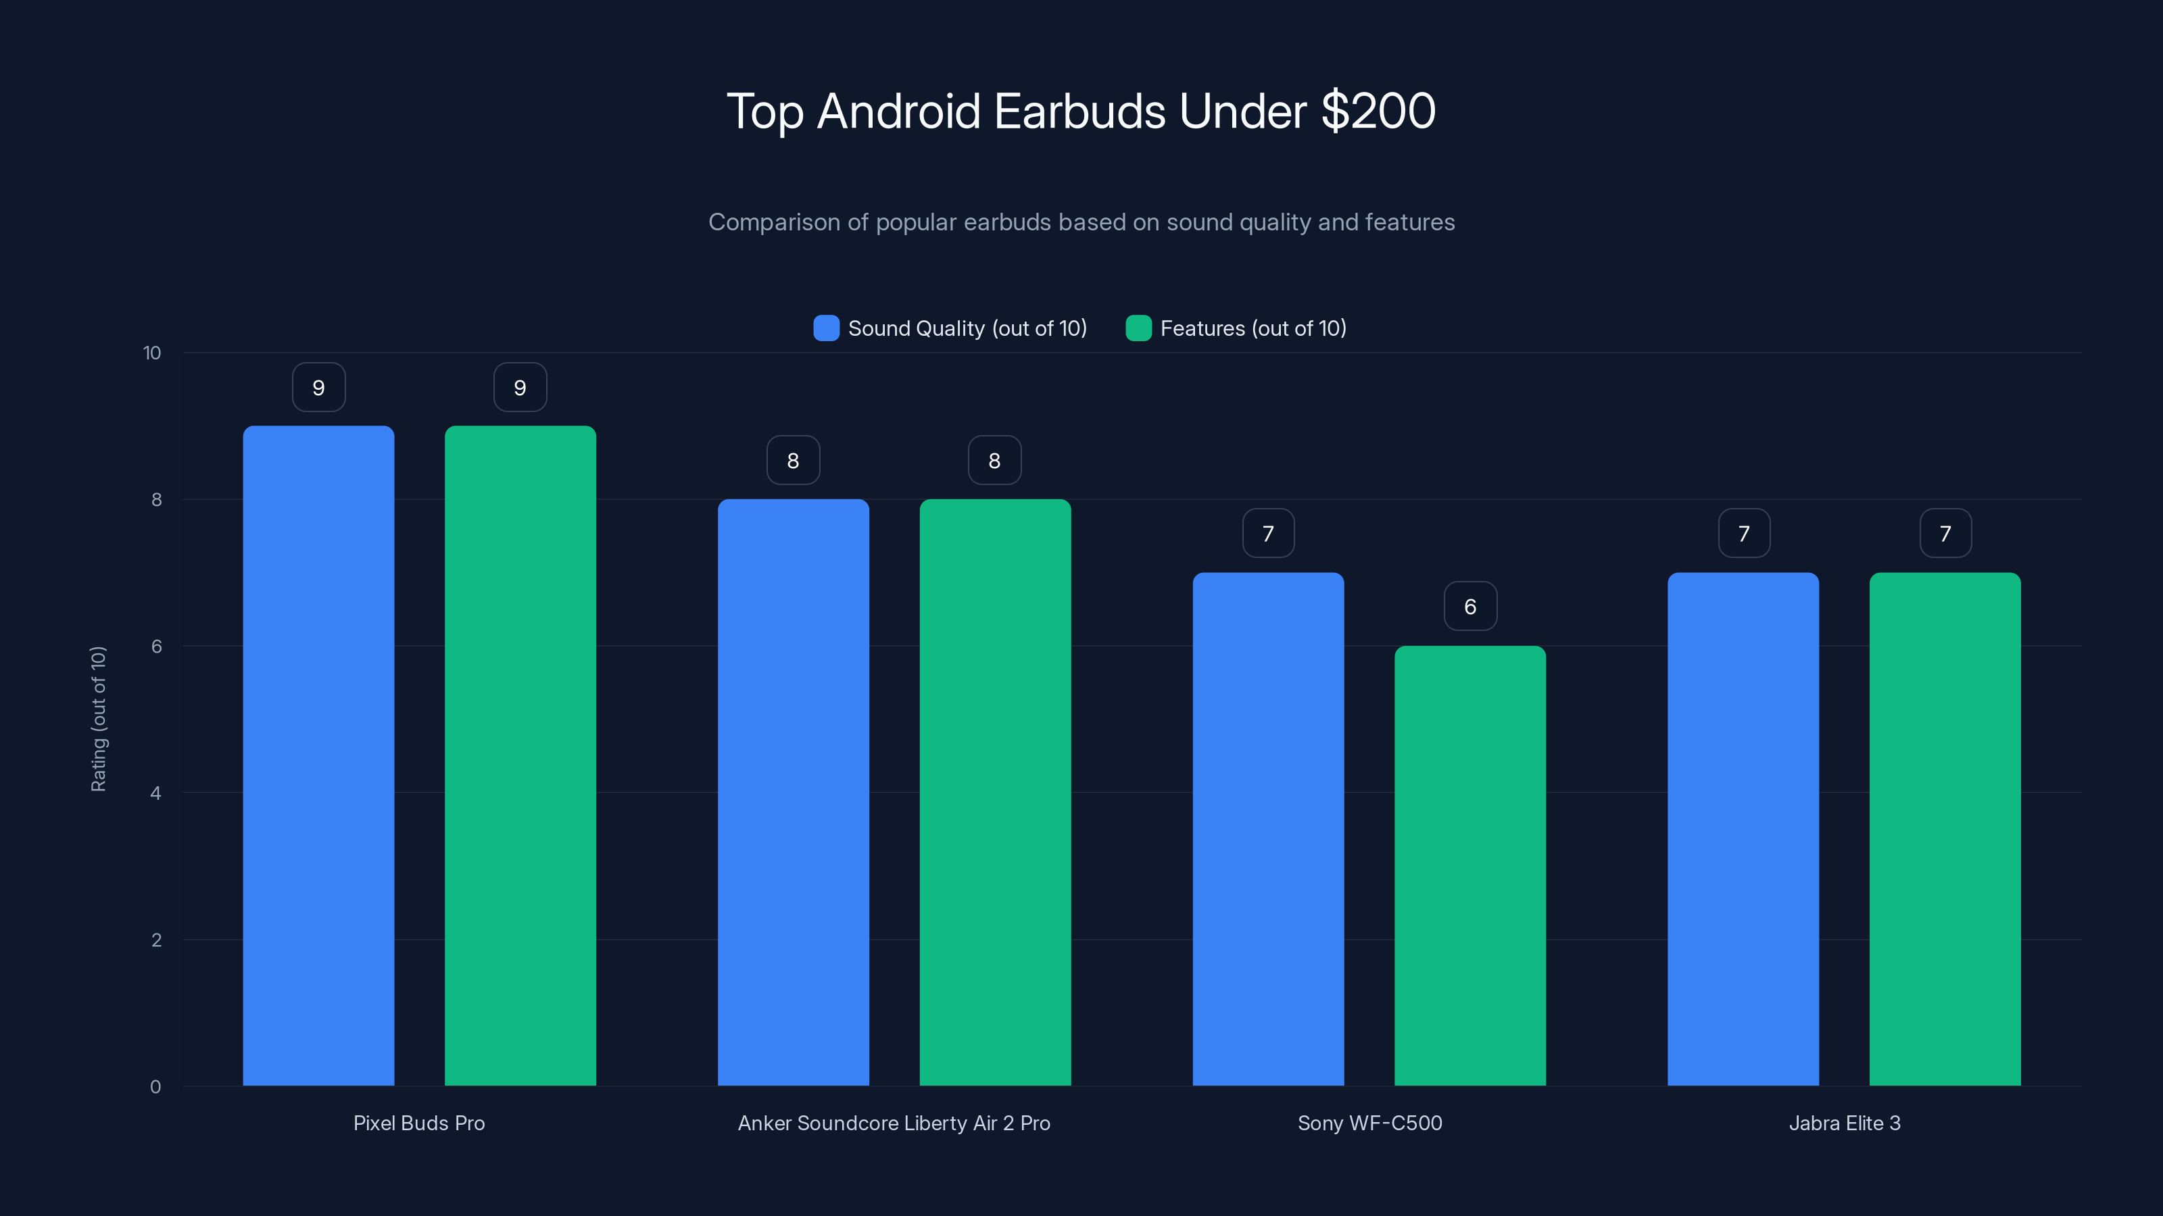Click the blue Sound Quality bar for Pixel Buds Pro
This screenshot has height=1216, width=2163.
click(x=318, y=755)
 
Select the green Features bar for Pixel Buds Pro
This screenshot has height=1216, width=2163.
click(x=520, y=755)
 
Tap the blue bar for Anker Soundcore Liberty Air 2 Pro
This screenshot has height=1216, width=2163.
click(x=793, y=792)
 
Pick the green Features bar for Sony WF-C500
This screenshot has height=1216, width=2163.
click(x=1469, y=865)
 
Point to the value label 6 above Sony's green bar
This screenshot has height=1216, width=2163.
click(x=1470, y=606)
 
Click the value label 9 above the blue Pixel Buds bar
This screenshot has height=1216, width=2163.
click(x=318, y=388)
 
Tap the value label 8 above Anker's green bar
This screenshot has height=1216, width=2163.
click(x=994, y=460)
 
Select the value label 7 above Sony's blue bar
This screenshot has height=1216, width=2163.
click(x=1268, y=533)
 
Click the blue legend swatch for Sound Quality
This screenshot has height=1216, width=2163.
click(x=826, y=328)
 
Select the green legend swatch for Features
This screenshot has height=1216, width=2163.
click(x=1138, y=328)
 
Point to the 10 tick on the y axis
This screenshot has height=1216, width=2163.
click(x=152, y=353)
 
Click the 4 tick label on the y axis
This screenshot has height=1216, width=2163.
click(x=155, y=793)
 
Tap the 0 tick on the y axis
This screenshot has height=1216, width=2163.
click(x=155, y=1087)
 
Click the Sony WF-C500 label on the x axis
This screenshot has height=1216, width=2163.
click(x=1369, y=1123)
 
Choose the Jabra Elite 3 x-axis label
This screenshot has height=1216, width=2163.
click(x=1844, y=1123)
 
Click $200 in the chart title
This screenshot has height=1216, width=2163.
click(x=1378, y=111)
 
